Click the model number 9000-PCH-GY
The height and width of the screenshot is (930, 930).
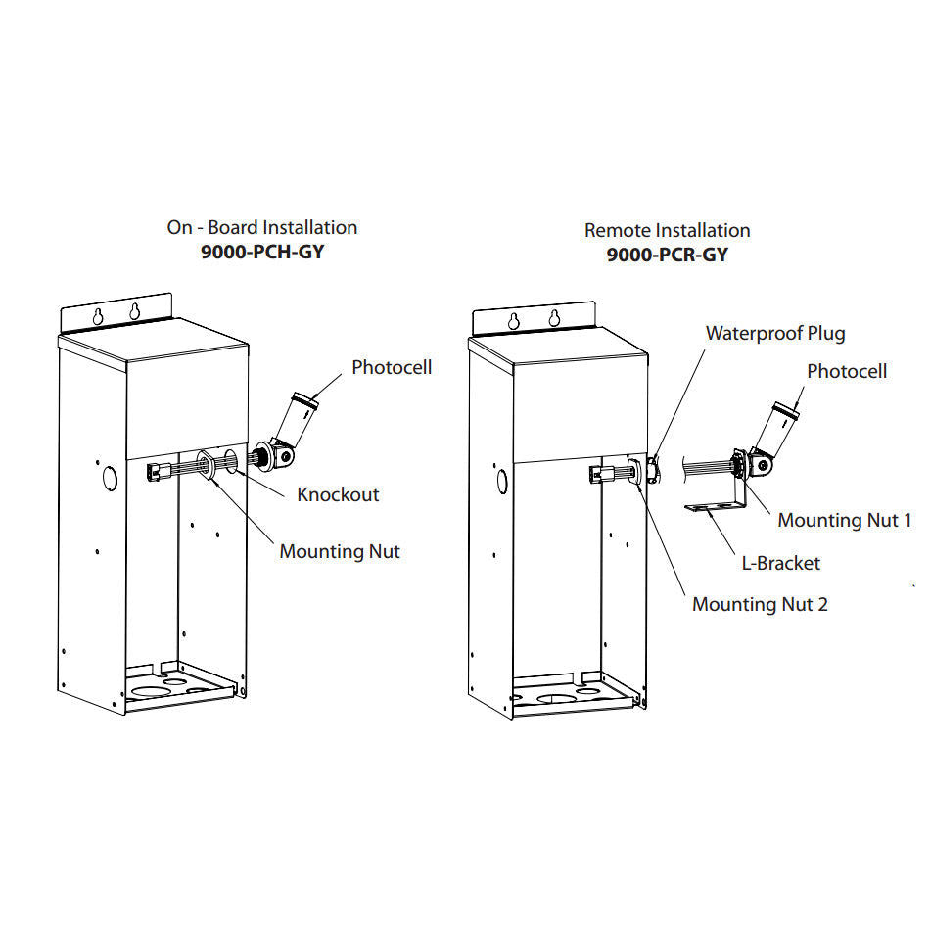tap(261, 253)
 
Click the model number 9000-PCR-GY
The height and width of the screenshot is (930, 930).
tap(667, 256)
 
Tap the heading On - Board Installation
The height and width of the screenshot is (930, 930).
tap(261, 227)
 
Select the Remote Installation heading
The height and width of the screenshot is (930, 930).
tap(667, 230)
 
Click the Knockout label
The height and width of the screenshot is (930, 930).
tap(338, 494)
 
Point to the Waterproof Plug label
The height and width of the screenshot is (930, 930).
tap(775, 333)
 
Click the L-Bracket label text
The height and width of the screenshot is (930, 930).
tap(780, 563)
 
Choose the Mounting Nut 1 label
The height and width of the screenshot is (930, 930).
tap(844, 520)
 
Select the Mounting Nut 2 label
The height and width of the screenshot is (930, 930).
tap(760, 604)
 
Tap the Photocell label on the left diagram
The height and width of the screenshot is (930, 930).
tap(392, 368)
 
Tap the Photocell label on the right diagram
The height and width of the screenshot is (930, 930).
tap(847, 371)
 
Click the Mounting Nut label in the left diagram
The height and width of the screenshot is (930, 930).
tap(340, 551)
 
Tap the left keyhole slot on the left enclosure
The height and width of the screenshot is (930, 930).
tap(99, 315)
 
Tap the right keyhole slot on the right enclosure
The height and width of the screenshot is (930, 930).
tap(554, 318)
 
